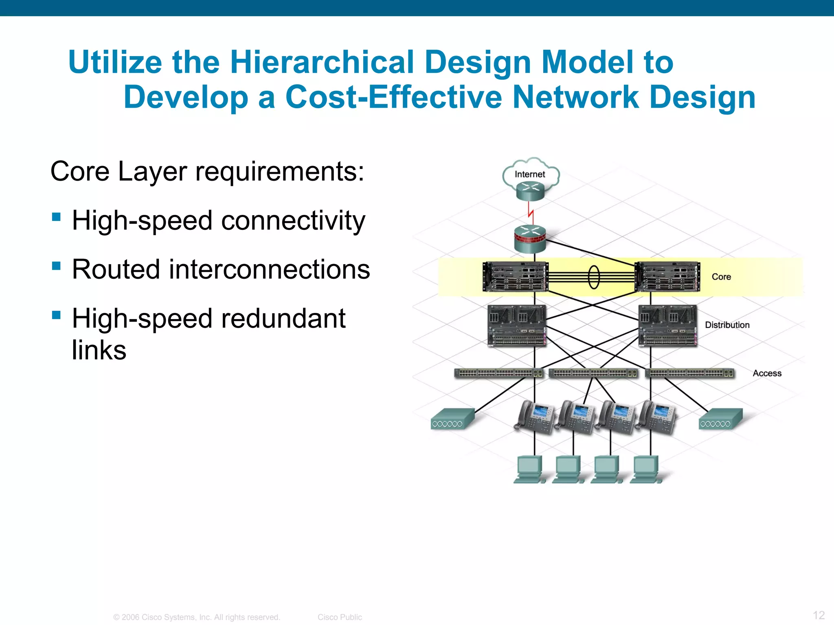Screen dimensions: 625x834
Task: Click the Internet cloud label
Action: [x=529, y=174]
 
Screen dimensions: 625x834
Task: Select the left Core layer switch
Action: [x=515, y=277]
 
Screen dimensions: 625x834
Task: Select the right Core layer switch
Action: [x=667, y=277]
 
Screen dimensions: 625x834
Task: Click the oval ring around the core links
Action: [x=594, y=277]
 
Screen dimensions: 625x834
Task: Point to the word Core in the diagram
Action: [x=721, y=277]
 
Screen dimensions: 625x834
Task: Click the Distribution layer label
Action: [x=727, y=325]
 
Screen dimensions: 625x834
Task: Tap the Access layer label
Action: [x=767, y=373]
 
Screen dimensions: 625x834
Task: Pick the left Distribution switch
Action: [x=517, y=326]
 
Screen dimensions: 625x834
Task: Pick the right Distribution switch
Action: [x=668, y=326]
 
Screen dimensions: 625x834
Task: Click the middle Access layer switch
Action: [x=593, y=373]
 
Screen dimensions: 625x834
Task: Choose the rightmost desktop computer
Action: [x=645, y=469]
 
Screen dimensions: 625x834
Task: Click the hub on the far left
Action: [x=452, y=419]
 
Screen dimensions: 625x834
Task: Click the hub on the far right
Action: [x=720, y=419]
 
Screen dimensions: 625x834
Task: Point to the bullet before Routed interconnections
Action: [x=57, y=266]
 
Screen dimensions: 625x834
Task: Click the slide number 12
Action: [x=819, y=615]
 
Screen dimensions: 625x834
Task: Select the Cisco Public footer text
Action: [x=340, y=617]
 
